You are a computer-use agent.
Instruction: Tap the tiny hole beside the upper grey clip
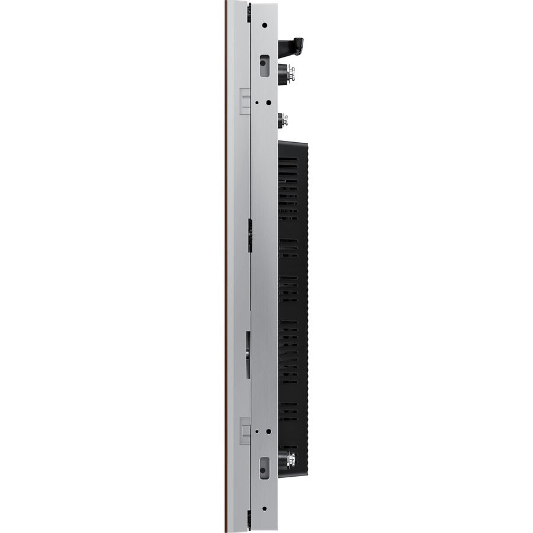[x=256, y=101]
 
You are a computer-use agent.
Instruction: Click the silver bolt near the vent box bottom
[x=291, y=457]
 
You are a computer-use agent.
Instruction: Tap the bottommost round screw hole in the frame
[x=264, y=508]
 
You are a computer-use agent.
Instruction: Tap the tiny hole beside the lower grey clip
[x=256, y=431]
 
